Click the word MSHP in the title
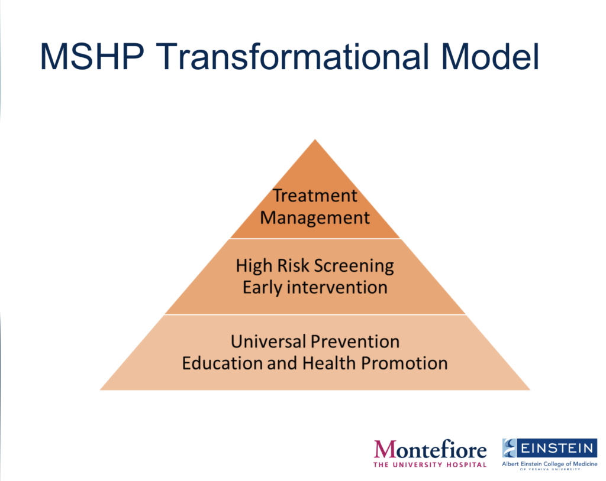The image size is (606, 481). [92, 57]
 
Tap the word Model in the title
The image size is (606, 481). [490, 57]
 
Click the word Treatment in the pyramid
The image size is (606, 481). [315, 196]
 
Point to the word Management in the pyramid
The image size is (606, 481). [315, 217]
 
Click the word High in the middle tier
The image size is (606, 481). [253, 265]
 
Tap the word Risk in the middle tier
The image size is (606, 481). [294, 265]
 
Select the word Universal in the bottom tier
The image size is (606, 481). [269, 342]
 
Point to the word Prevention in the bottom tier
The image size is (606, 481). [355, 342]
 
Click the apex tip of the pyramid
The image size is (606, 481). [315, 139]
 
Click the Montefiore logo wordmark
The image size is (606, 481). [430, 450]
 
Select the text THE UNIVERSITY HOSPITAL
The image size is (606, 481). [430, 464]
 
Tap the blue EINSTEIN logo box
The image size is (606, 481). [550, 448]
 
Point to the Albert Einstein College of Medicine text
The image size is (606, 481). [550, 464]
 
